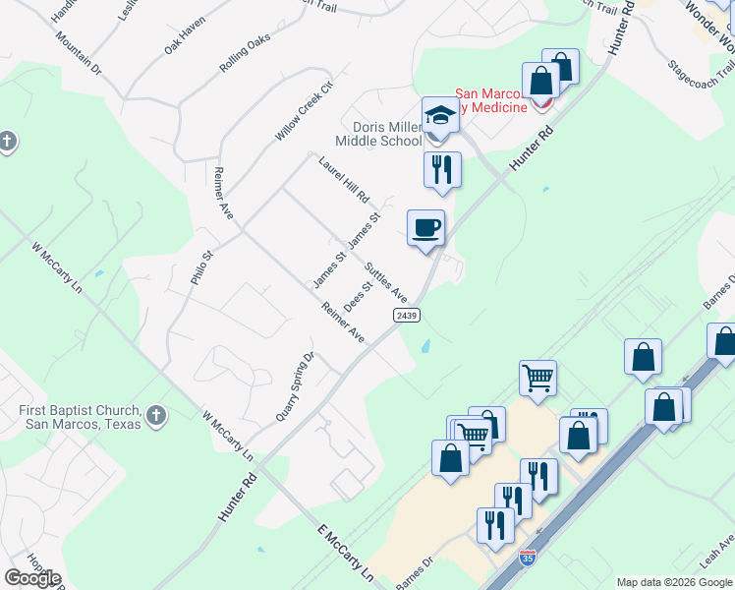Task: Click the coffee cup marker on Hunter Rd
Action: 426,229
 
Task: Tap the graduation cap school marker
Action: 440,116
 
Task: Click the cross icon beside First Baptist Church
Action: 156,417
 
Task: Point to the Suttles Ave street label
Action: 386,281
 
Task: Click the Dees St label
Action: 358,297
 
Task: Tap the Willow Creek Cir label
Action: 306,107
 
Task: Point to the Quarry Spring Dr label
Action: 295,386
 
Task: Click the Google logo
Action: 32,578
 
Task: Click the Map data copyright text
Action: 674,582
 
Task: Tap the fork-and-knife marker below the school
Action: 442,169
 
